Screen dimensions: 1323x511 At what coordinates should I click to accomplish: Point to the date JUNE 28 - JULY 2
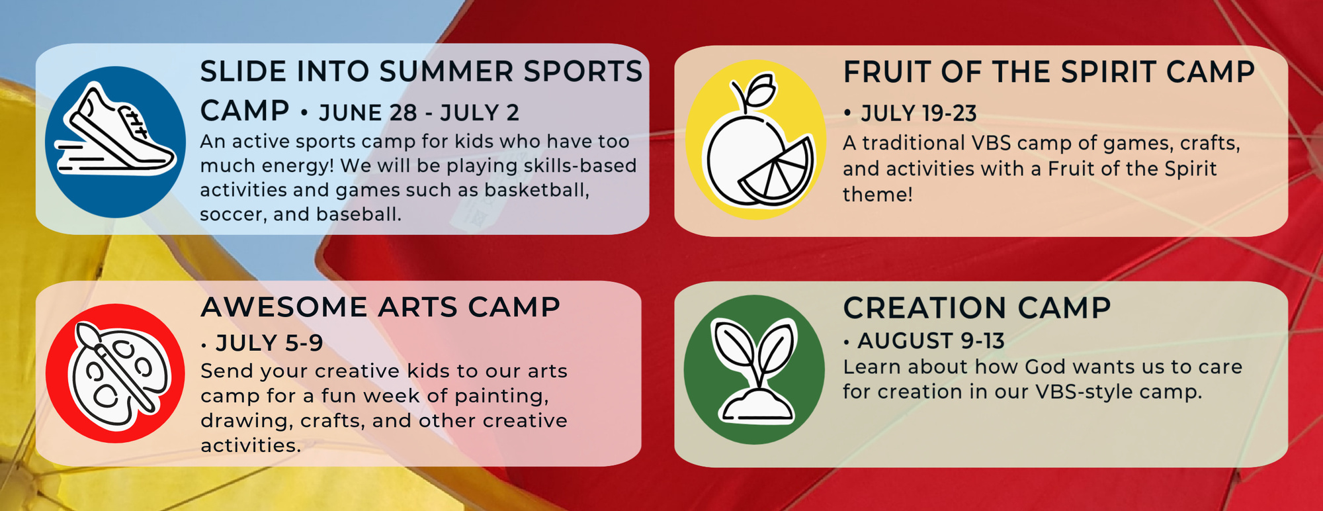pos(419,113)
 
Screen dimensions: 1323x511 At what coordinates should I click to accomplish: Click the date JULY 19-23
pos(918,114)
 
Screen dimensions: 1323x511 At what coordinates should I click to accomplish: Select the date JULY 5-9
pos(269,343)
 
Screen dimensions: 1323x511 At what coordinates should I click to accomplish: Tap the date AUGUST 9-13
pos(931,341)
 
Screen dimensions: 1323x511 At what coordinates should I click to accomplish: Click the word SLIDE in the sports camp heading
pos(243,71)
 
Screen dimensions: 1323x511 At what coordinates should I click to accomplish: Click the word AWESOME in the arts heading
pos(284,307)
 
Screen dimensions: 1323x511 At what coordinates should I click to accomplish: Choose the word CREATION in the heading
pos(925,308)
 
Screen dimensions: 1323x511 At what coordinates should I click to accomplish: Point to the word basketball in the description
pos(536,190)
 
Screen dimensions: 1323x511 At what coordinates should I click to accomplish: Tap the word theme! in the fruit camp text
pos(877,195)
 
